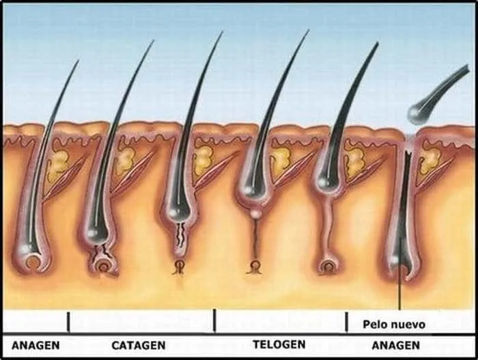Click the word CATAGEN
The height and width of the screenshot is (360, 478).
tap(139, 346)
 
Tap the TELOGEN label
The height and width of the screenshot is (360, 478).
tap(279, 344)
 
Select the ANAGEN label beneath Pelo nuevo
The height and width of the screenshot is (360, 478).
tap(395, 346)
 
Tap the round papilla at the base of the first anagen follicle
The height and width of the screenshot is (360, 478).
tap(32, 263)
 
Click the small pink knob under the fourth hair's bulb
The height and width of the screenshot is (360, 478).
tap(255, 212)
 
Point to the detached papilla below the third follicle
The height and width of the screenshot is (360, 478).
tap(180, 266)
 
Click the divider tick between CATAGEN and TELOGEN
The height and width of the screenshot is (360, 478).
tap(214, 320)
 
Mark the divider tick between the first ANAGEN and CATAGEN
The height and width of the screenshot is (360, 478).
tap(68, 322)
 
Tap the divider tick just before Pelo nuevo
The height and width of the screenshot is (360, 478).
tap(346, 322)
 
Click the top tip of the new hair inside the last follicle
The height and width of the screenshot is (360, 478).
tap(408, 152)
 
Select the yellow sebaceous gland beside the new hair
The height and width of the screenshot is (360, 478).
tap(430, 160)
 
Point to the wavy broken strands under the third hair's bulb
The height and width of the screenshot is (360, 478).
tap(182, 236)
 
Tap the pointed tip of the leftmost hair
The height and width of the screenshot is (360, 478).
tap(78, 60)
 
